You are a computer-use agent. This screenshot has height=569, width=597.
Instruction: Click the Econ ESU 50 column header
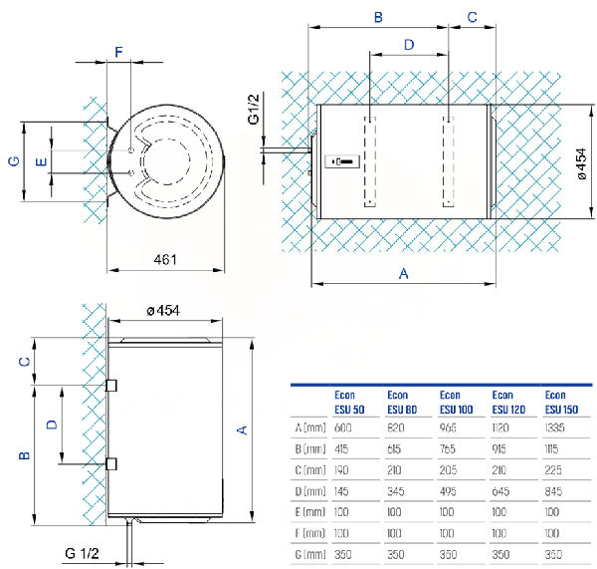coord(347,401)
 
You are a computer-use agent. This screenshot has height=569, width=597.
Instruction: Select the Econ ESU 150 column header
coord(561,401)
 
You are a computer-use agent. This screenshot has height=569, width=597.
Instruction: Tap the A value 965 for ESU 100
coord(454,427)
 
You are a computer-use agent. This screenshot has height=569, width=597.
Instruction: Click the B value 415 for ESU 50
coord(347,449)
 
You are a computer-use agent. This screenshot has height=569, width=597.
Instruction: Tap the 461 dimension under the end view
coord(165,260)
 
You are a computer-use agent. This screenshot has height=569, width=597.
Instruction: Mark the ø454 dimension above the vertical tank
coord(162,311)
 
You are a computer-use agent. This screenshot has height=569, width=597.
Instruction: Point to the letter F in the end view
coord(119,52)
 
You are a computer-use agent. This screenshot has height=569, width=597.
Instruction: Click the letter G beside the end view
coord(13,161)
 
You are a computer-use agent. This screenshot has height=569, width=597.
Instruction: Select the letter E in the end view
coord(40,161)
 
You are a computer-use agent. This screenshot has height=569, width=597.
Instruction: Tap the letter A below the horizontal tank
coord(403,272)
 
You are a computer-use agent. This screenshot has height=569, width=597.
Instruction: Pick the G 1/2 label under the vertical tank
coord(83,554)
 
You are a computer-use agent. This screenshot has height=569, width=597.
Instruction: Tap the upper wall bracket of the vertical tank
coord(110,385)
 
